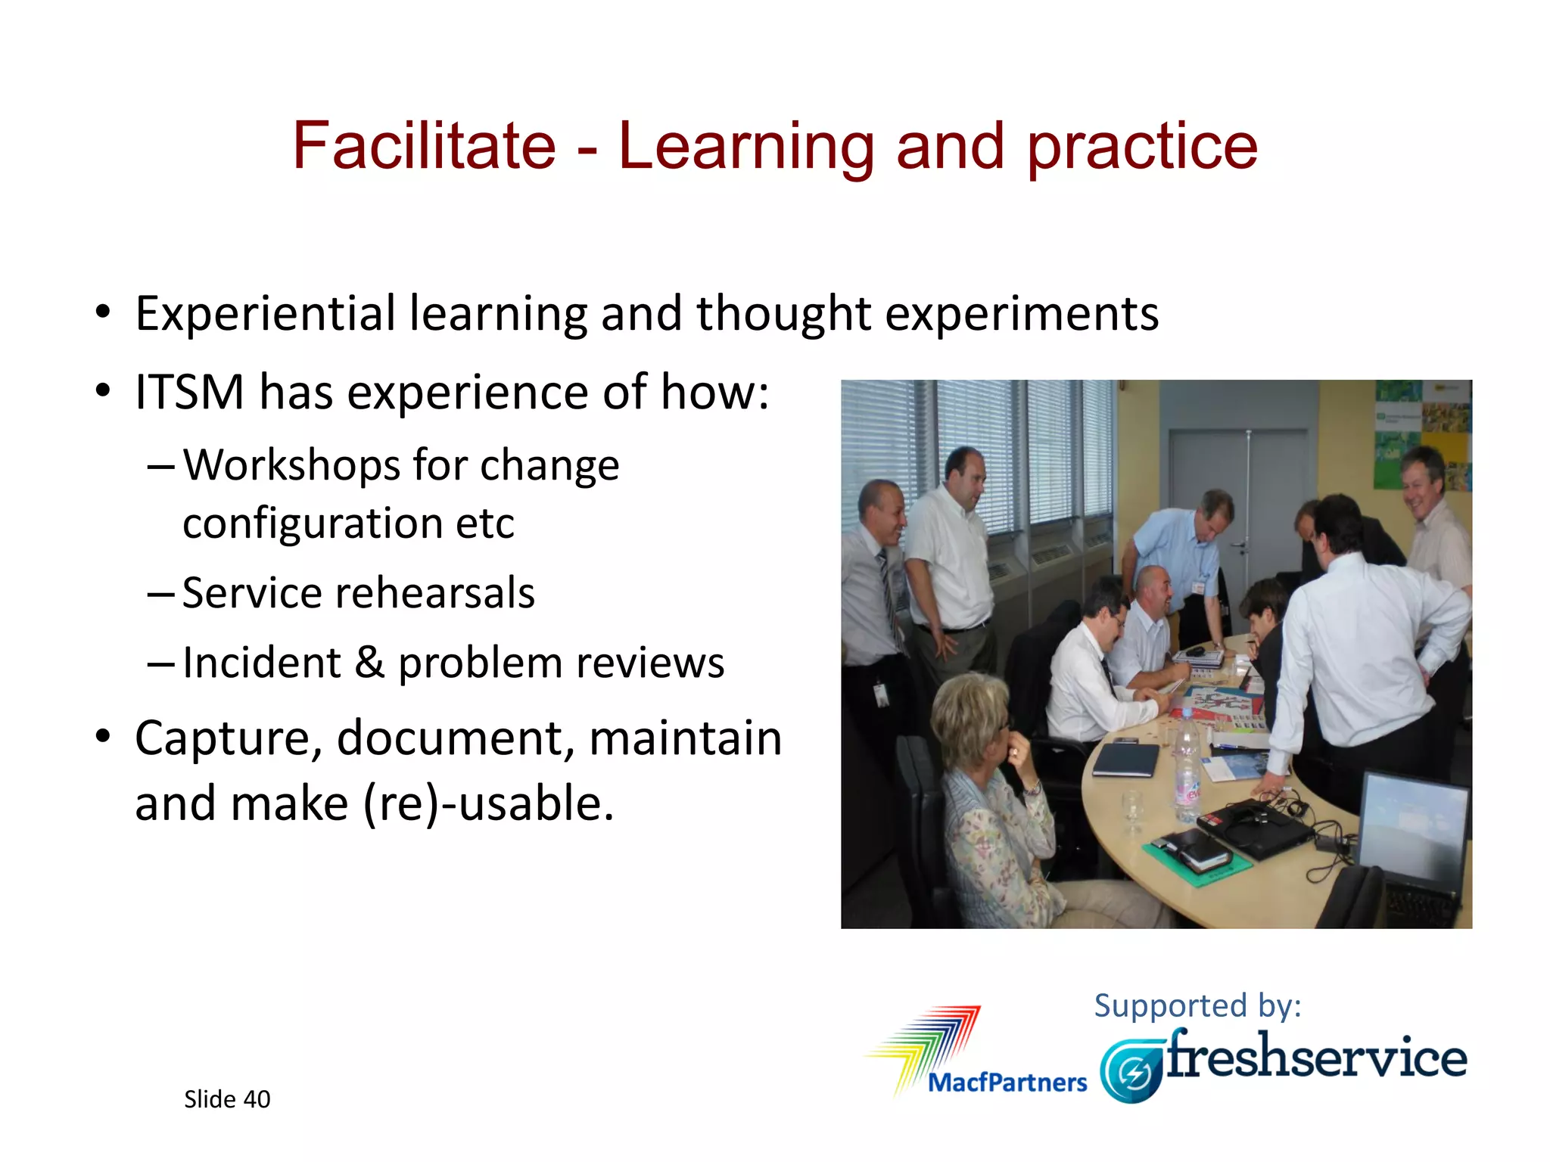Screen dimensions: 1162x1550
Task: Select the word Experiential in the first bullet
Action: tap(265, 314)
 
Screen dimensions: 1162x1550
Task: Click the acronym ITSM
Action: tap(189, 393)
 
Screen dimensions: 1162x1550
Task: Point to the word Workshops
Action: tap(291, 464)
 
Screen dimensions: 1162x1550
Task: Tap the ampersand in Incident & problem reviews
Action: tap(369, 663)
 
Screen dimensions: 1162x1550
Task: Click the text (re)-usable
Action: tap(488, 803)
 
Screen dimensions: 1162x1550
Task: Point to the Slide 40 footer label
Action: tap(227, 1099)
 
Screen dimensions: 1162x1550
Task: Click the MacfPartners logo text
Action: tap(1007, 1083)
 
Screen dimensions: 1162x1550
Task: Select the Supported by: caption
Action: tap(1197, 1006)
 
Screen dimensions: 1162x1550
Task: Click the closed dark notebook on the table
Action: tap(1126, 759)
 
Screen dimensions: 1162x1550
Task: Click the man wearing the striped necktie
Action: tap(878, 575)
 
